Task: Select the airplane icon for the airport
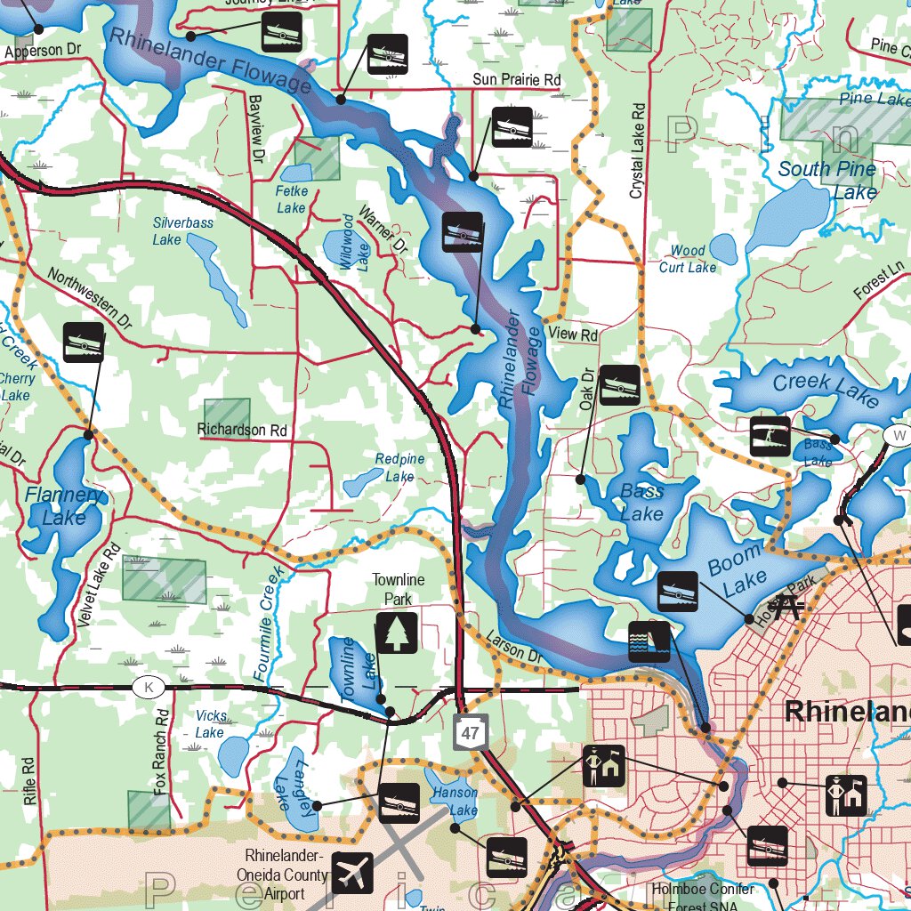point(353,873)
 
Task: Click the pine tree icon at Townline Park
point(396,633)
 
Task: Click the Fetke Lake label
point(291,199)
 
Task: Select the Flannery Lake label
point(65,505)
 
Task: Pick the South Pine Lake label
point(827,180)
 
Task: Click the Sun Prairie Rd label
point(517,80)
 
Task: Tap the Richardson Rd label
point(243,430)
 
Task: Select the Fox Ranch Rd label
point(161,752)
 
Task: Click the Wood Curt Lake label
point(688,259)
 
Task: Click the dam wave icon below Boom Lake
point(649,641)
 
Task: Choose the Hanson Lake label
point(455,801)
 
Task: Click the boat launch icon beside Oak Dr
point(620,385)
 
